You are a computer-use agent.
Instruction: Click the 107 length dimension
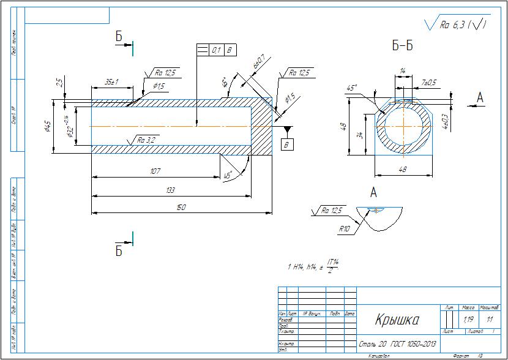coord(155,171)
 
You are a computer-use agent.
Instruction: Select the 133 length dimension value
coord(171,190)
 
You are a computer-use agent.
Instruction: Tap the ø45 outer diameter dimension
coord(47,127)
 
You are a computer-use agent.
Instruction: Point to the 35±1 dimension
coord(111,81)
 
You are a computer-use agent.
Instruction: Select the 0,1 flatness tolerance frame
coord(216,50)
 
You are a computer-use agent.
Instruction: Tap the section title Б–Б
coord(402,45)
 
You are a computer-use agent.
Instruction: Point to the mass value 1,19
coord(469,320)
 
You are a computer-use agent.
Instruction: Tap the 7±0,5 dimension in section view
coord(429,82)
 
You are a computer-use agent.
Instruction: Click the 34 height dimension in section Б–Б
coord(360,135)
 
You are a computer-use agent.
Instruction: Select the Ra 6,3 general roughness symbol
coord(456,24)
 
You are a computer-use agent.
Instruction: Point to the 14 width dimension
coord(402,72)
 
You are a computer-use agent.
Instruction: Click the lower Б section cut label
coord(119,250)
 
